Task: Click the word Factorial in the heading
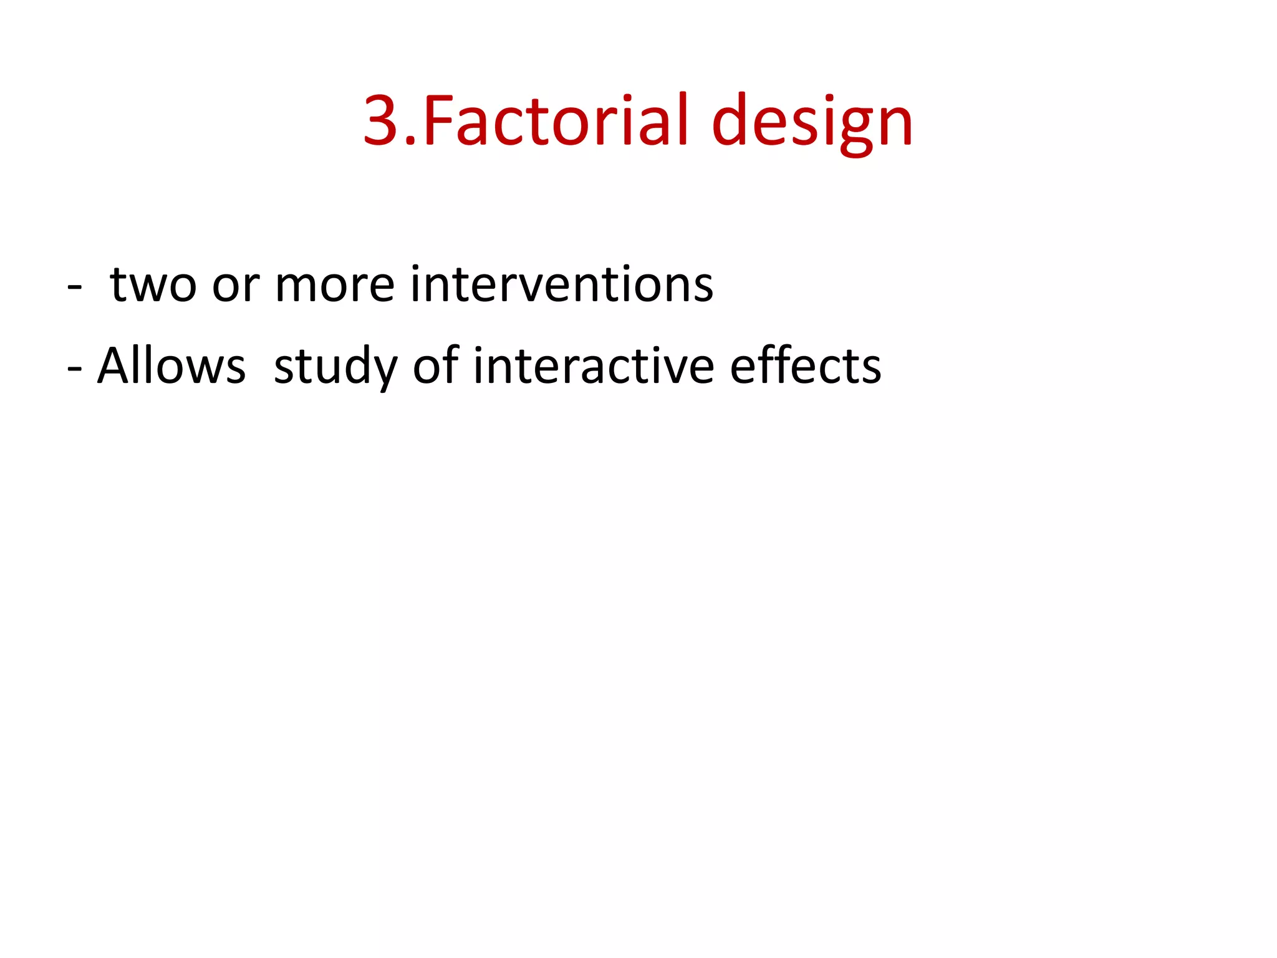click(556, 120)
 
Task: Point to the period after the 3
click(411, 142)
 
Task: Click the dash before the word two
click(75, 288)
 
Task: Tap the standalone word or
click(236, 288)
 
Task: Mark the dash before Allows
click(75, 369)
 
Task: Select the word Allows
click(172, 366)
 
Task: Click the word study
click(335, 367)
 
